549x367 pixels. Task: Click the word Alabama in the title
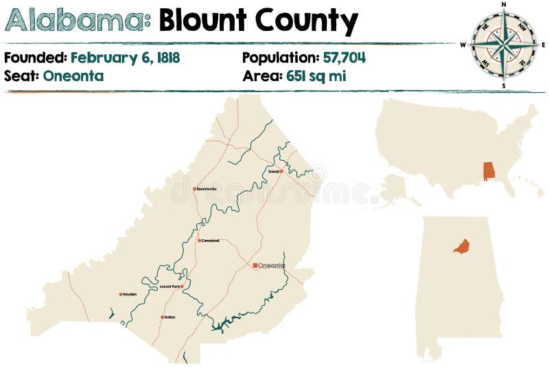(78, 22)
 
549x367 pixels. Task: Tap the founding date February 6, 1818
(125, 58)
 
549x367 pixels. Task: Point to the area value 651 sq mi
(312, 76)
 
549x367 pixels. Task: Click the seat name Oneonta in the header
(73, 76)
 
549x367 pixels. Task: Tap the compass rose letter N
(504, 4)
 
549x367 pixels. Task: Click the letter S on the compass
(504, 87)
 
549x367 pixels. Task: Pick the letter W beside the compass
(463, 45)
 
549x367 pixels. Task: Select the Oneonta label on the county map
(272, 265)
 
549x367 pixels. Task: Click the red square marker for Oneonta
(255, 265)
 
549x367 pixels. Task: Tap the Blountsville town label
(207, 188)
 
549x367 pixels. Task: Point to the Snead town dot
(281, 171)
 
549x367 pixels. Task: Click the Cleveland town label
(211, 241)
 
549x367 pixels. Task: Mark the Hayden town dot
(121, 294)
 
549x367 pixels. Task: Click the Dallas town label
(170, 317)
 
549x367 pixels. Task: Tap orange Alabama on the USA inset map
(489, 171)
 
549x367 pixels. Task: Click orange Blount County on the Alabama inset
(461, 246)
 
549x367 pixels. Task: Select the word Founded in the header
(34, 58)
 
